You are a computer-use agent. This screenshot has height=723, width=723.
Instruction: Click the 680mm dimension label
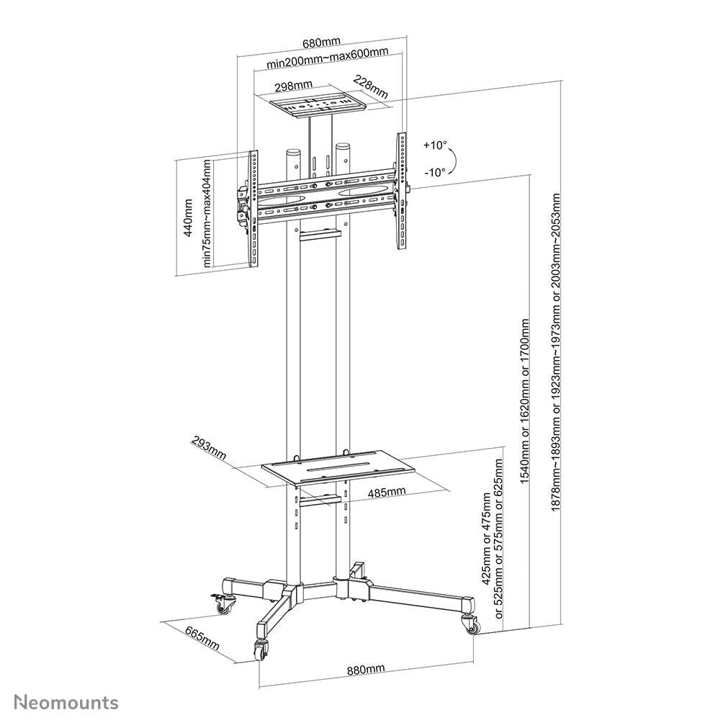pyautogui.click(x=322, y=42)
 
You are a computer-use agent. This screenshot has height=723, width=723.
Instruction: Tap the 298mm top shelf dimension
pyautogui.click(x=292, y=86)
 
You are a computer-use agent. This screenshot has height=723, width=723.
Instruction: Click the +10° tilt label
pyautogui.click(x=434, y=145)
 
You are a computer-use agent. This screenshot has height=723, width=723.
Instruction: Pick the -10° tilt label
pyautogui.click(x=434, y=171)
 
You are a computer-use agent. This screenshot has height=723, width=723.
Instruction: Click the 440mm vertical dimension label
pyautogui.click(x=189, y=218)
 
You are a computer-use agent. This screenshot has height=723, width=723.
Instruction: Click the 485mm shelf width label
pyautogui.click(x=386, y=492)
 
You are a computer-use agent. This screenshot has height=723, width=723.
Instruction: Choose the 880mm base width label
pyautogui.click(x=366, y=670)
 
